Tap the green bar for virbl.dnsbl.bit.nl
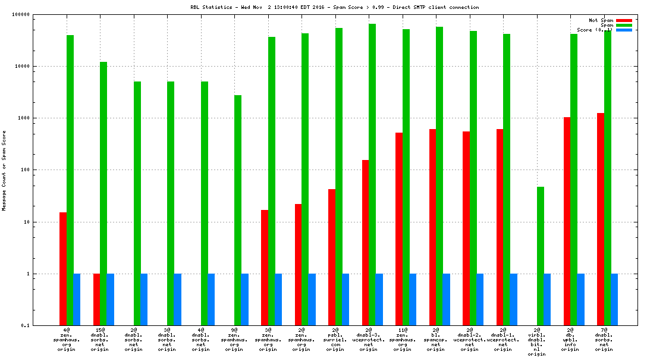[541, 256]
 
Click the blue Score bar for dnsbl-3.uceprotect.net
[379, 300]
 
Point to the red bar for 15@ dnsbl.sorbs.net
[96, 300]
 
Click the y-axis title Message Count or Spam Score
[5, 171]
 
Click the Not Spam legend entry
[601, 20]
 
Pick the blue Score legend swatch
[624, 30]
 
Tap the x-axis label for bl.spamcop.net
[436, 339]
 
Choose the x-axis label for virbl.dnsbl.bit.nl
[537, 341]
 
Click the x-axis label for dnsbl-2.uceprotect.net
[470, 339]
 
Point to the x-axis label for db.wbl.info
[570, 339]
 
